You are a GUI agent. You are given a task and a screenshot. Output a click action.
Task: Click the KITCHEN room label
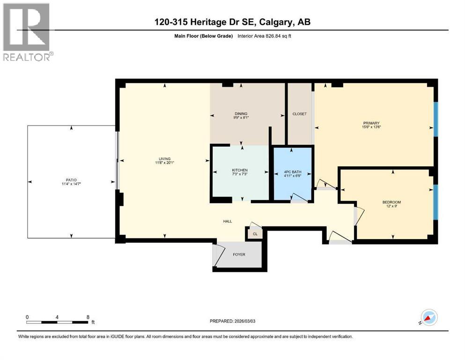point(240,170)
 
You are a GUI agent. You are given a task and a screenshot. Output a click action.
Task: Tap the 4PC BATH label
point(293,172)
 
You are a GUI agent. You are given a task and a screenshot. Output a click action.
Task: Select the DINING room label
point(241,114)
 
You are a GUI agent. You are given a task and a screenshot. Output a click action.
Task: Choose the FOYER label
point(239,255)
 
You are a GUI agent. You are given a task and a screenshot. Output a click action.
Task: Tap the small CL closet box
point(255,233)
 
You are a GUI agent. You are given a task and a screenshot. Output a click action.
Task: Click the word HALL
point(227,222)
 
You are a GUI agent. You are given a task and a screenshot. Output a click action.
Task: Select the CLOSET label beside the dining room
point(299,114)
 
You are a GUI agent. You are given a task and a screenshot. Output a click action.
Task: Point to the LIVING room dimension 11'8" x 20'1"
point(164,163)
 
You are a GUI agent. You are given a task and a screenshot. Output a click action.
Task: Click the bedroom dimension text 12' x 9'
point(391,206)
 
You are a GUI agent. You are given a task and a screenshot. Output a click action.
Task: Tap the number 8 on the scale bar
point(88,317)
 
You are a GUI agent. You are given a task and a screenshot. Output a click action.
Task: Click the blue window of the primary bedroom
point(436,119)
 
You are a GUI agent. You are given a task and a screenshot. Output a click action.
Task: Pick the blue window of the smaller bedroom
point(436,202)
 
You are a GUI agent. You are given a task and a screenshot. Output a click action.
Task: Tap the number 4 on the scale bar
point(57,317)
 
